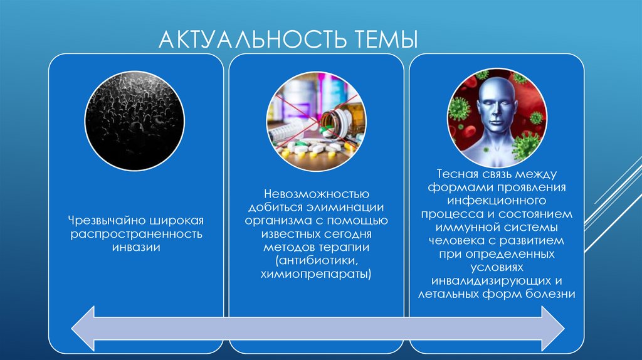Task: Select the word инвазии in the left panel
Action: click(x=135, y=248)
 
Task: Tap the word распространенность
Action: click(x=135, y=235)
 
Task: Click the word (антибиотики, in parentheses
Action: click(x=316, y=260)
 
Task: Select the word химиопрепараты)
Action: click(x=316, y=274)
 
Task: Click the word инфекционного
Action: click(x=497, y=200)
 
